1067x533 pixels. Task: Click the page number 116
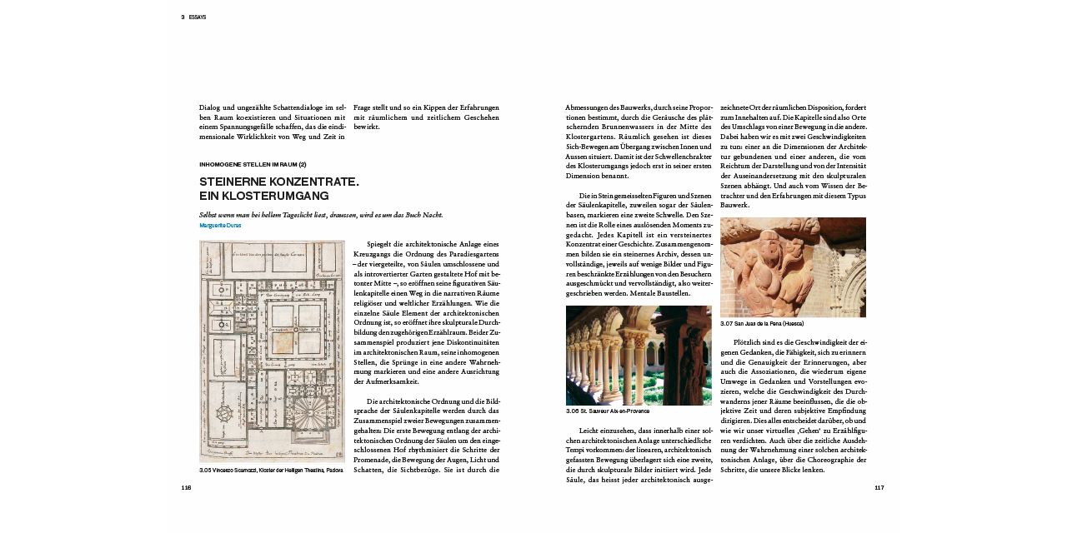click(x=186, y=488)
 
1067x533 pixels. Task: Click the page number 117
click(x=879, y=488)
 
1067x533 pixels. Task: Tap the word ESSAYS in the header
click(x=198, y=17)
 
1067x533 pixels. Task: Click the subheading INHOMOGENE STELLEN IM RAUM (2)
click(x=253, y=164)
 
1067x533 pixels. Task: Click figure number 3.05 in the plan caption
click(x=205, y=471)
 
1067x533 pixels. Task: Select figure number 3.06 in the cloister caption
click(x=572, y=411)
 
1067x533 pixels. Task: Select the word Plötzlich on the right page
click(x=749, y=342)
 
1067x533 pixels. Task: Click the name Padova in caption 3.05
click(x=333, y=471)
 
